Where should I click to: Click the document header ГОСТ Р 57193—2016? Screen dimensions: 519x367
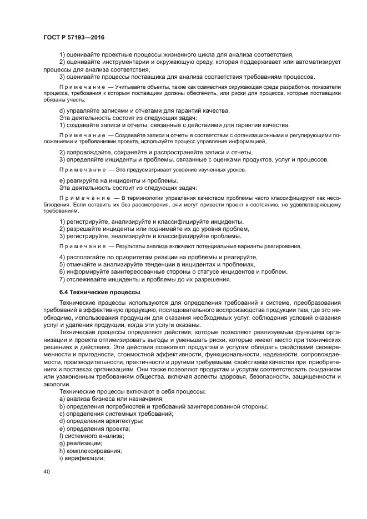click(74, 37)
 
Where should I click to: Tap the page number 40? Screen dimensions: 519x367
click(47, 471)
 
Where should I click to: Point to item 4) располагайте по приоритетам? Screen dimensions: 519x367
click(158, 258)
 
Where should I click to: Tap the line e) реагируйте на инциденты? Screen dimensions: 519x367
click(118, 180)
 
